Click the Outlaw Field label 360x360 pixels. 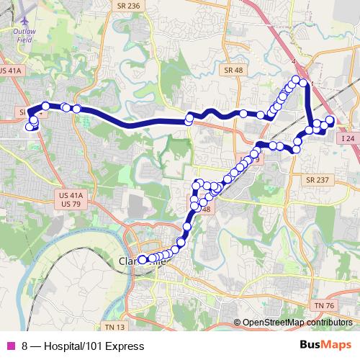click(x=24, y=35)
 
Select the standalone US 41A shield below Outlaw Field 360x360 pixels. click(x=12, y=70)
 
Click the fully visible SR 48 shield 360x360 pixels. click(x=233, y=70)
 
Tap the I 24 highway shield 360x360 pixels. click(x=348, y=138)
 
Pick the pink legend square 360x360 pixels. click(x=10, y=346)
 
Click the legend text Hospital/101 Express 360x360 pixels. click(x=89, y=346)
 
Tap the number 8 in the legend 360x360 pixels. click(x=25, y=346)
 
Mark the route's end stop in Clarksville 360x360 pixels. click(x=142, y=259)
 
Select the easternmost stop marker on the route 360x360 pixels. click(x=330, y=120)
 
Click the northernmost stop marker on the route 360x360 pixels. click(x=295, y=79)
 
